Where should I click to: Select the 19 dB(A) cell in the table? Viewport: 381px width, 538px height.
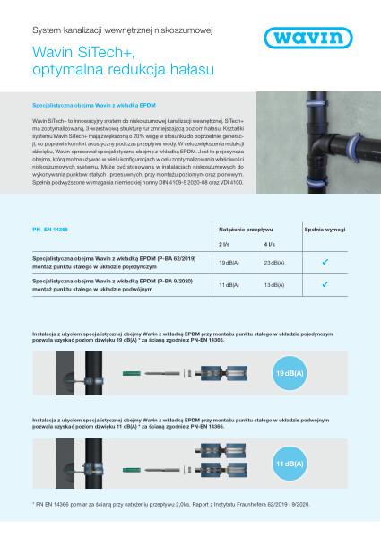click(229, 262)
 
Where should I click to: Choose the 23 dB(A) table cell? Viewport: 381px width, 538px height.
click(275, 262)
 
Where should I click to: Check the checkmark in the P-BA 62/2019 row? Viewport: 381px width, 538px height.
click(325, 262)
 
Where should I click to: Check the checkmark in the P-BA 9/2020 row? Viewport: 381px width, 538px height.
click(325, 283)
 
